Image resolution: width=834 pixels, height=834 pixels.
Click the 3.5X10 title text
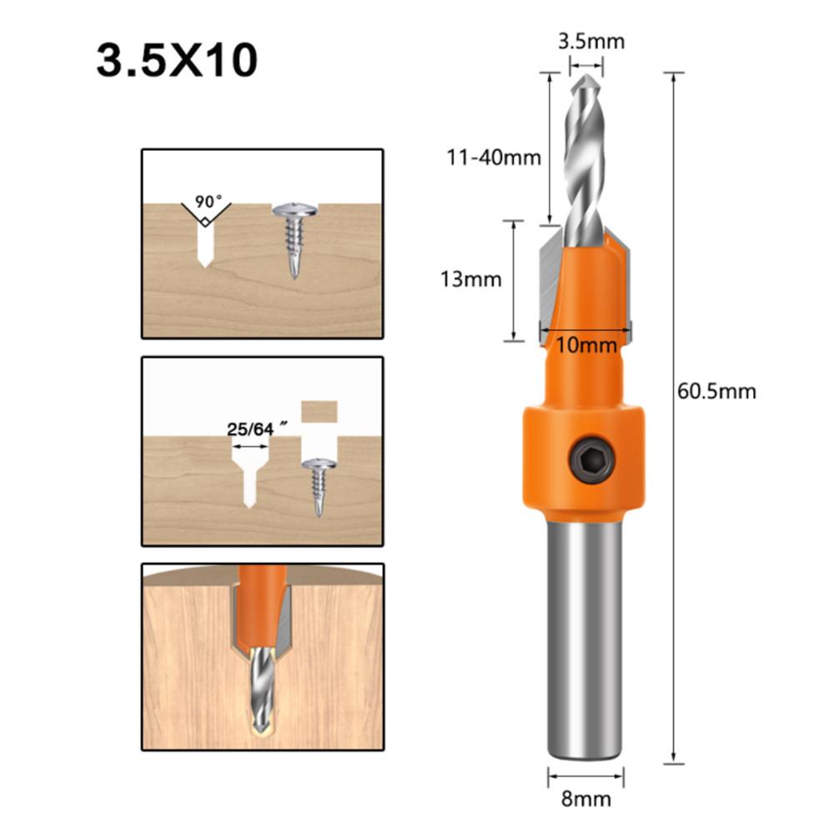tap(177, 61)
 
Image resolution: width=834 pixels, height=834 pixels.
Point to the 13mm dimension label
tap(471, 279)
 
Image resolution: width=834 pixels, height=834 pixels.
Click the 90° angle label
tap(208, 202)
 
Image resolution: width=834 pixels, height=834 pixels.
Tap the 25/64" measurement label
tap(251, 429)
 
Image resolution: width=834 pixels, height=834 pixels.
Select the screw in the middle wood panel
tap(319, 484)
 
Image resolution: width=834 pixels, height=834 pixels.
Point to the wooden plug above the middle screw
tap(319, 410)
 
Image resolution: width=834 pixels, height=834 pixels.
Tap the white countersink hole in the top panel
tap(203, 242)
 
